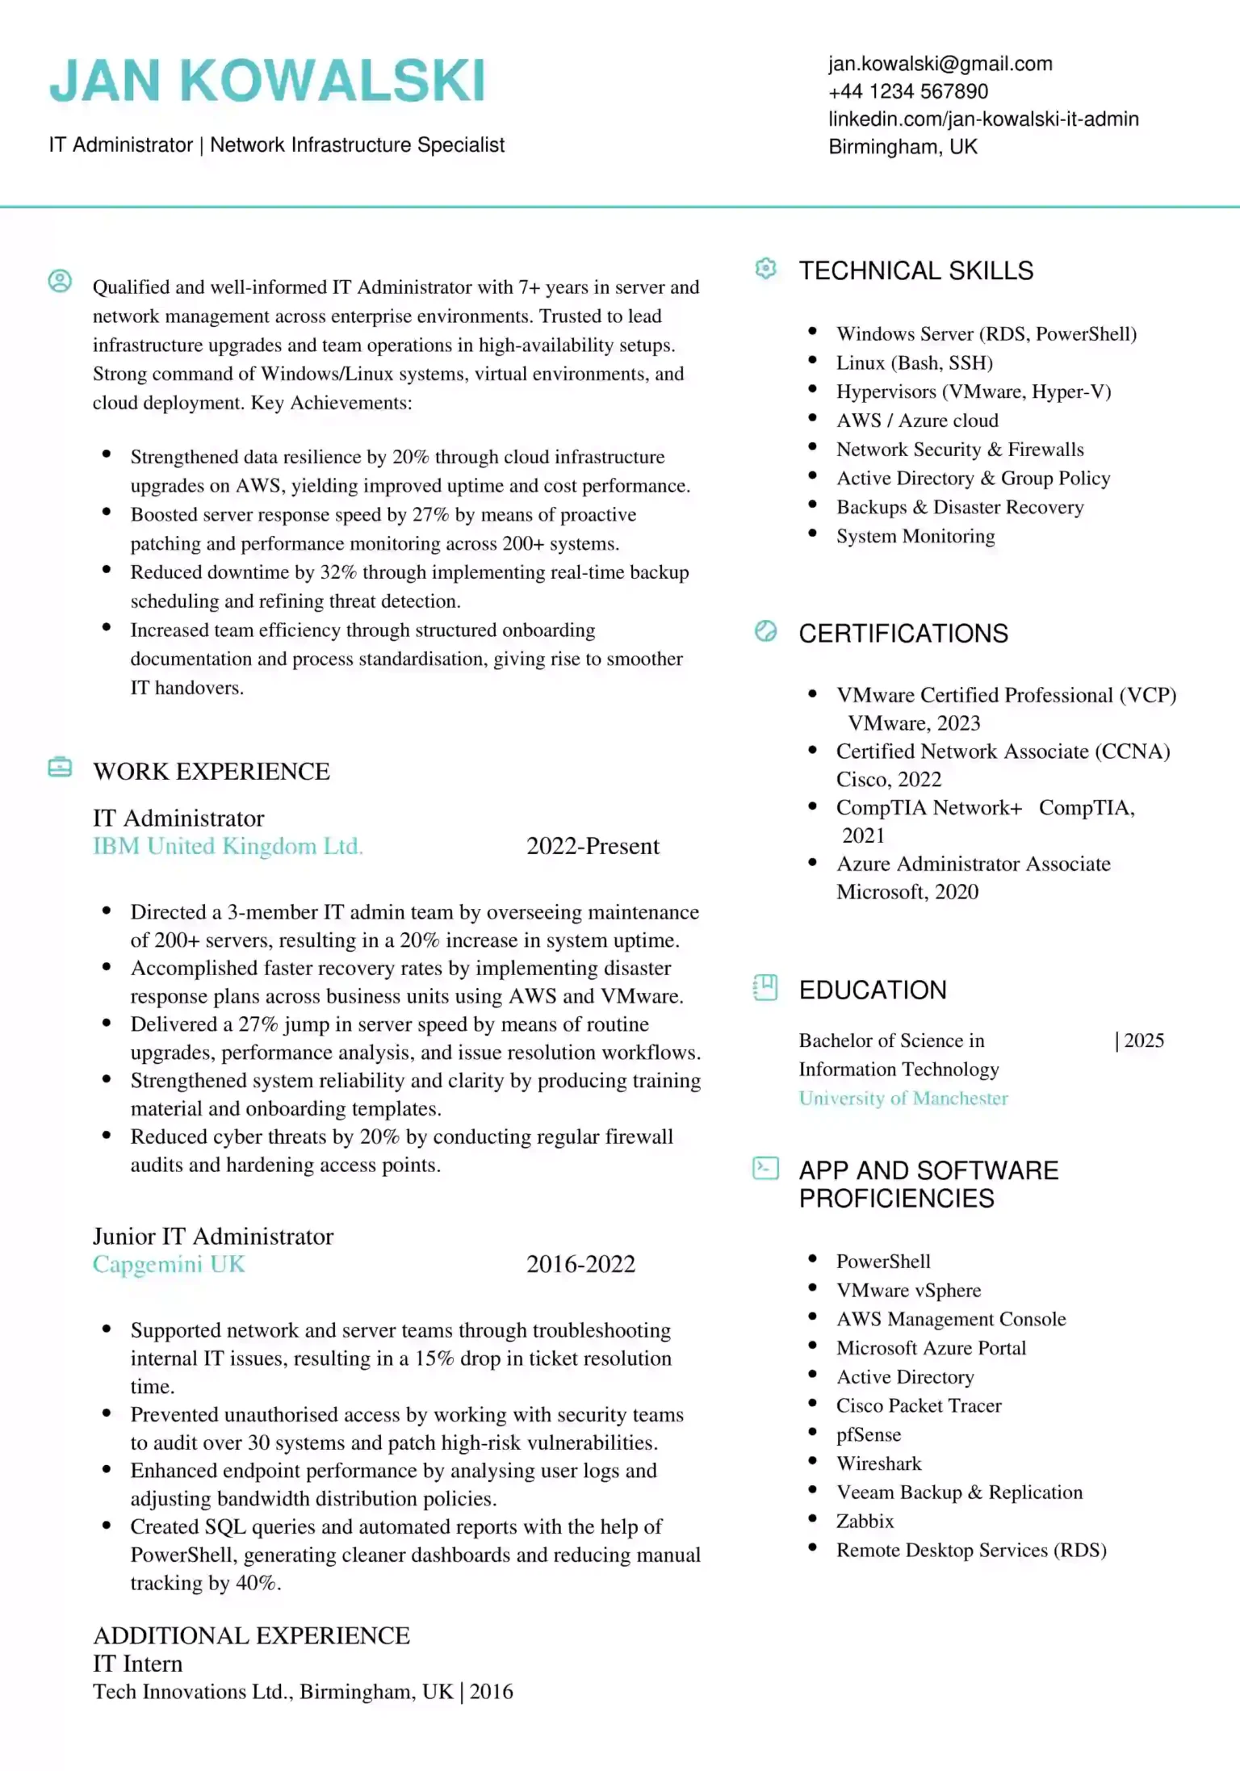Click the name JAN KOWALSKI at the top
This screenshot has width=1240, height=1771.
click(267, 81)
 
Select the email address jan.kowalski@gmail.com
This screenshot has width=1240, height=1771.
click(940, 64)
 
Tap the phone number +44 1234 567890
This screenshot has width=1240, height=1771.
click(907, 91)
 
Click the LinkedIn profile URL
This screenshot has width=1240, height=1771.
click(982, 119)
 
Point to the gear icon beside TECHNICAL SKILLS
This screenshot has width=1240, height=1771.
click(765, 269)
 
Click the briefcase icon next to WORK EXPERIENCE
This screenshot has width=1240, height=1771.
click(60, 767)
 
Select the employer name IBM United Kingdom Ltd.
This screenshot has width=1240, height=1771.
click(228, 846)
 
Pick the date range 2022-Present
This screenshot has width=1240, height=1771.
click(593, 846)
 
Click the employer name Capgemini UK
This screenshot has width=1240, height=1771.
click(168, 1264)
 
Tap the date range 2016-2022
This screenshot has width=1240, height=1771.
click(580, 1264)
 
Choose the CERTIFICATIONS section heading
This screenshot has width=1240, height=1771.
click(903, 634)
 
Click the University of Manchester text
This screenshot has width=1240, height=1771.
click(903, 1099)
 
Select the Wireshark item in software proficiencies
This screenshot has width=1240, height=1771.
click(878, 1463)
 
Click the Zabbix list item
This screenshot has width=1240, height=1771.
click(865, 1522)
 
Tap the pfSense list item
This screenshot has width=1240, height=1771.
click(869, 1434)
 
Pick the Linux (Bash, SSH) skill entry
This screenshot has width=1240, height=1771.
click(914, 363)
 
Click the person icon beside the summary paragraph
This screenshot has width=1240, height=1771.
click(60, 281)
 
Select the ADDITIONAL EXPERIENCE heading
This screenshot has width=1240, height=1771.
click(251, 1636)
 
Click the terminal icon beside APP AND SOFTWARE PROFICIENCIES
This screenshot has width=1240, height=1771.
click(765, 1168)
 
